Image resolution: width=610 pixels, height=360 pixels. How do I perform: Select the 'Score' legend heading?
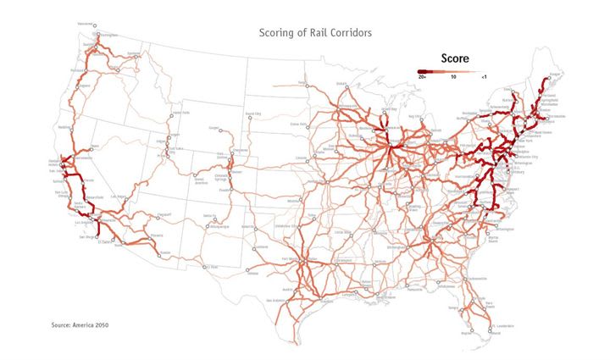click(455, 58)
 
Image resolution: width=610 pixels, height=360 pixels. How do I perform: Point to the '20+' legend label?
click(422, 77)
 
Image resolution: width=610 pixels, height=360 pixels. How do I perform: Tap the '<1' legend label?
click(483, 77)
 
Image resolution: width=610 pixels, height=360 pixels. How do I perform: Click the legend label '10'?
click(454, 77)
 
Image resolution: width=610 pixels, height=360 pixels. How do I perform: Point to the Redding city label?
click(63, 128)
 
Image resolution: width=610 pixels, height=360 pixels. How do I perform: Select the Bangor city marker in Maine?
click(552, 77)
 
